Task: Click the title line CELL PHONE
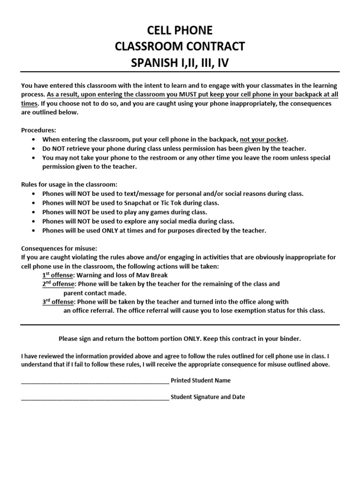pyautogui.click(x=180, y=30)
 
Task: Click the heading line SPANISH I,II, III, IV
pyautogui.click(x=180, y=63)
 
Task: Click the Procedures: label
pyautogui.click(x=38, y=130)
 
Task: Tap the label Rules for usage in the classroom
pyautogui.click(x=69, y=184)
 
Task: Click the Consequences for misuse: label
pyautogui.click(x=59, y=248)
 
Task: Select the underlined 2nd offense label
pyautogui.click(x=58, y=284)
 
